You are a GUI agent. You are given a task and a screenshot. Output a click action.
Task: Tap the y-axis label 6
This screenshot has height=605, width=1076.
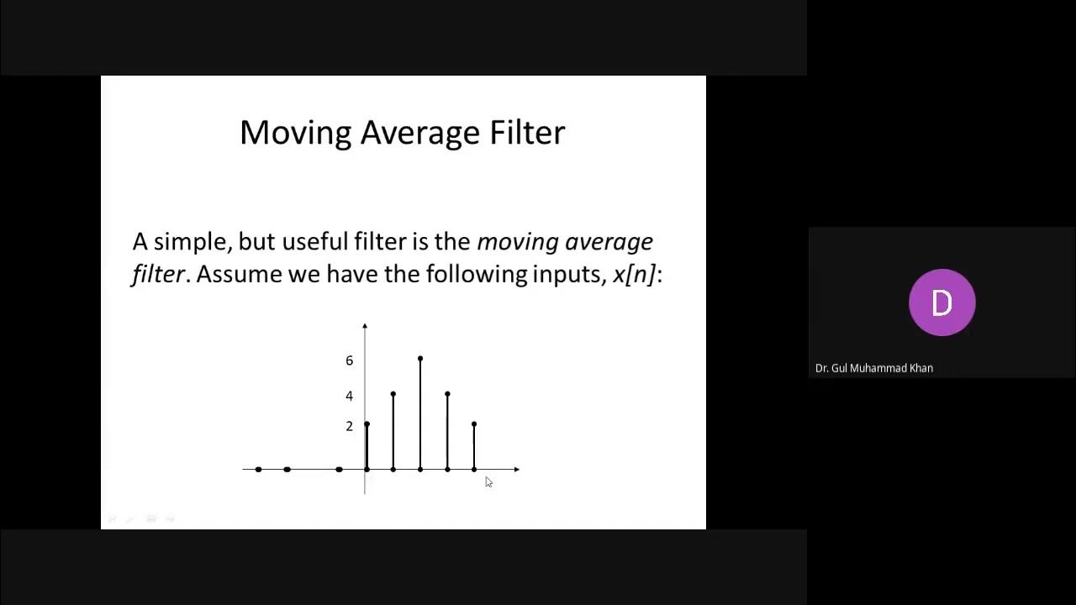click(350, 360)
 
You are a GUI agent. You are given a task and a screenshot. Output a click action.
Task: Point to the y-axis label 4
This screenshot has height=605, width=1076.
click(350, 396)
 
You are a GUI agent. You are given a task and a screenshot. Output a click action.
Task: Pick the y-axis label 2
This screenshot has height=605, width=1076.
click(350, 426)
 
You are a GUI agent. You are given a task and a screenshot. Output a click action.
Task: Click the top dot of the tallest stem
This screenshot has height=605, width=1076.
click(420, 359)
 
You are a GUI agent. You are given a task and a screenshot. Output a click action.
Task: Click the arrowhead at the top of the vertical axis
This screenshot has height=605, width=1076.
click(365, 325)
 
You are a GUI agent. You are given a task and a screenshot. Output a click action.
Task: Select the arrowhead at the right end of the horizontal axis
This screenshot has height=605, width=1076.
click(516, 469)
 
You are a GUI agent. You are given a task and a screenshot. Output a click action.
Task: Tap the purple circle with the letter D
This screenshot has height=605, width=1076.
click(941, 302)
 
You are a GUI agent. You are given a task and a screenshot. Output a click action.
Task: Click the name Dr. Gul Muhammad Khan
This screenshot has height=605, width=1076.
click(874, 368)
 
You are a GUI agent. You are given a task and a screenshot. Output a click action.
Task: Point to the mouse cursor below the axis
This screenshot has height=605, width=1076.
click(488, 481)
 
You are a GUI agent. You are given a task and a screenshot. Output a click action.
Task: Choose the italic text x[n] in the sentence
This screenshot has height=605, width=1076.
click(634, 274)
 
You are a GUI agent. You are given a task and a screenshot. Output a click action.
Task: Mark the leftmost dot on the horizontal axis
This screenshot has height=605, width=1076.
click(258, 469)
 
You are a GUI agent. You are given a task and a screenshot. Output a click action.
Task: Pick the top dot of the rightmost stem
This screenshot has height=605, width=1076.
click(474, 423)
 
